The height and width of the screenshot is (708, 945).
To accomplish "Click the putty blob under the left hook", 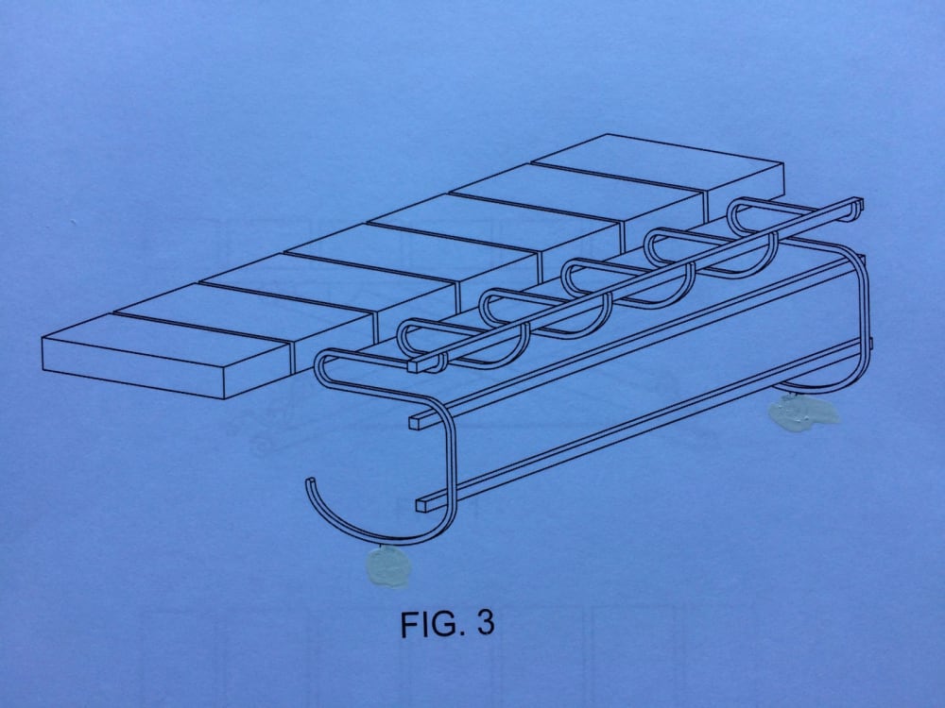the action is click(387, 566).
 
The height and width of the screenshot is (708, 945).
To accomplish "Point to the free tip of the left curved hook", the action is click(308, 484).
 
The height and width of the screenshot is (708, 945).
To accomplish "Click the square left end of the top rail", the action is click(413, 362).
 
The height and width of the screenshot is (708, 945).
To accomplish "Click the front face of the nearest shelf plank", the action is click(165, 367).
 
